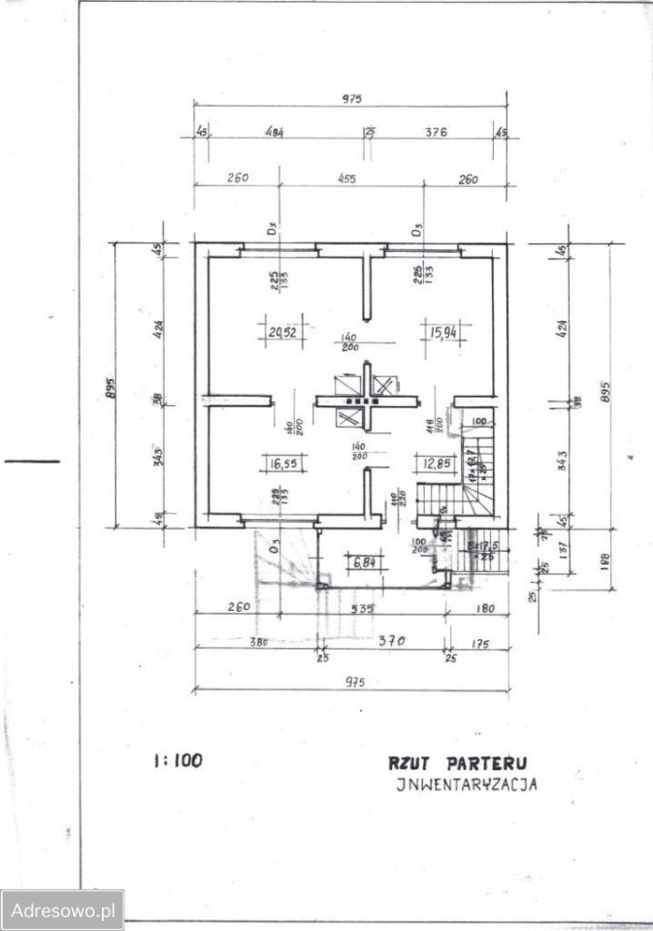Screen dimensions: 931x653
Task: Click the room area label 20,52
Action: point(281,333)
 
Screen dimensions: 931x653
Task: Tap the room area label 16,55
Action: point(281,465)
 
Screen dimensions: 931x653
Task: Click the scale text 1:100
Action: point(178,760)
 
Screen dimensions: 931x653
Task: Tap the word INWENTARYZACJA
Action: point(467,786)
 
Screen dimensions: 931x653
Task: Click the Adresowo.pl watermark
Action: point(61,911)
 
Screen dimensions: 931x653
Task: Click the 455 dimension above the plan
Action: point(346,178)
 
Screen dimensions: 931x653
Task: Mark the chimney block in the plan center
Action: point(365,399)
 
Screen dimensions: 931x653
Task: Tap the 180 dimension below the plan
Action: point(485,609)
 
